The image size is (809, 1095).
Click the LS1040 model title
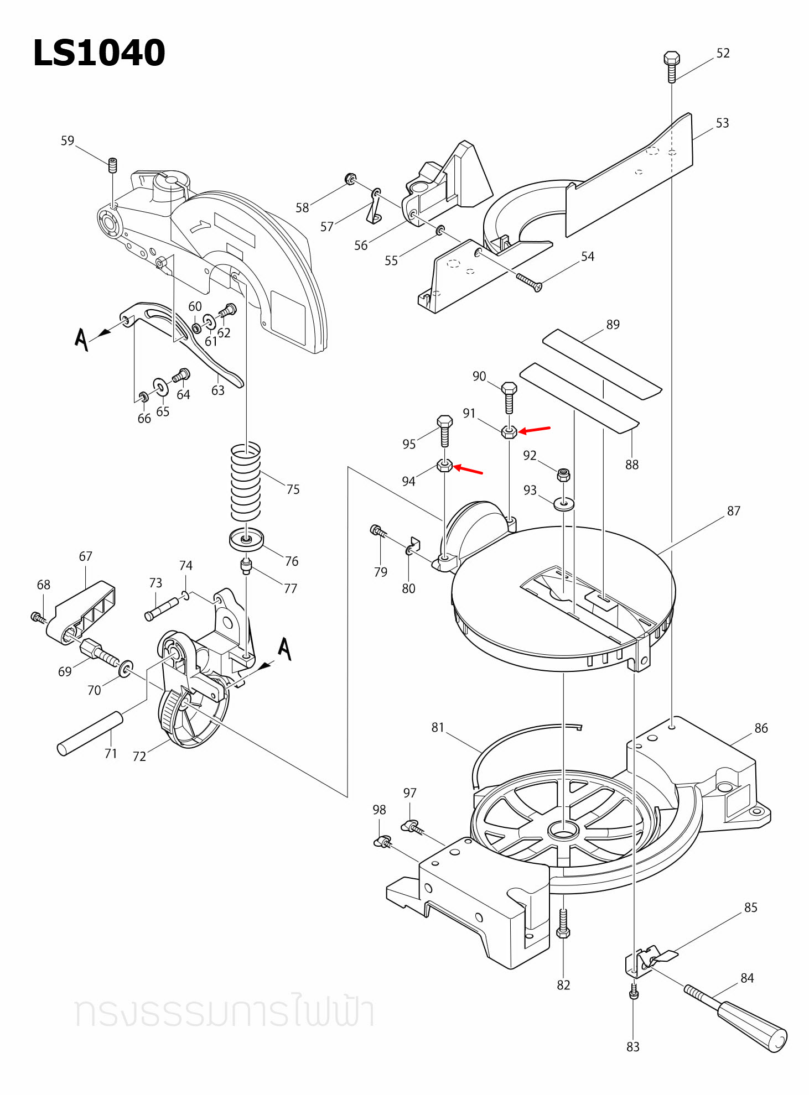(99, 53)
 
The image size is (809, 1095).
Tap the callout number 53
(722, 123)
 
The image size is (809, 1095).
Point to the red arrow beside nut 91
(535, 429)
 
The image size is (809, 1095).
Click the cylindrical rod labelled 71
(90, 733)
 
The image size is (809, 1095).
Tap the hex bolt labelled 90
(509, 397)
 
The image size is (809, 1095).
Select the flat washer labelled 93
(563, 504)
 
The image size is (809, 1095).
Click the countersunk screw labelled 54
(529, 281)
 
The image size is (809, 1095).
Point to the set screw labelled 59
(112, 165)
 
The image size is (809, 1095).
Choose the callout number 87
(733, 511)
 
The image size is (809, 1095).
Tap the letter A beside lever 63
(81, 339)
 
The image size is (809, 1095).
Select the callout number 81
(438, 727)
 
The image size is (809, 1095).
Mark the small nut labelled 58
(350, 179)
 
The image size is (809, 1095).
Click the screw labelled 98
(382, 842)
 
